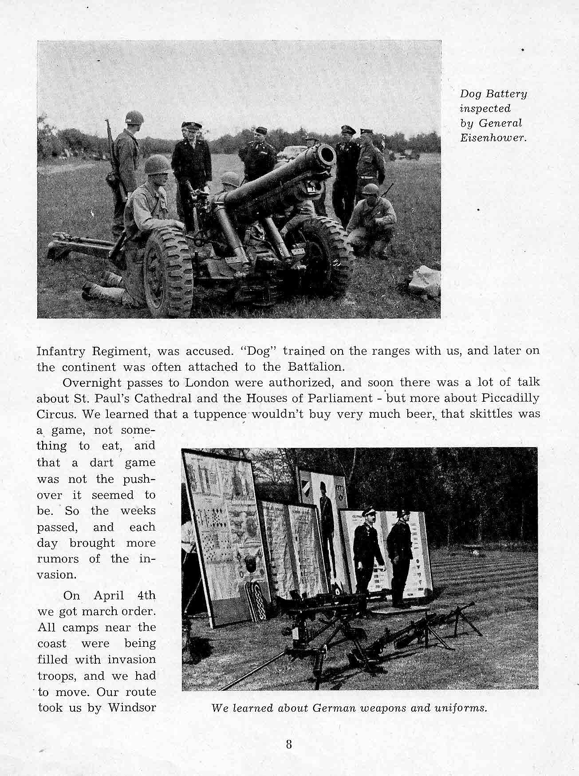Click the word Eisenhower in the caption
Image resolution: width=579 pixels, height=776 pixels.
pyautogui.click(x=492, y=138)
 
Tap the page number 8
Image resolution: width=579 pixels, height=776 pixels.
pyautogui.click(x=289, y=744)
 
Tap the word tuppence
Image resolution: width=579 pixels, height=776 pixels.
pyautogui.click(x=223, y=415)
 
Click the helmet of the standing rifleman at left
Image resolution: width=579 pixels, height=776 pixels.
pyautogui.click(x=134, y=118)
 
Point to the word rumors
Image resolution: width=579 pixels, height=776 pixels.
pyautogui.click(x=58, y=559)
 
